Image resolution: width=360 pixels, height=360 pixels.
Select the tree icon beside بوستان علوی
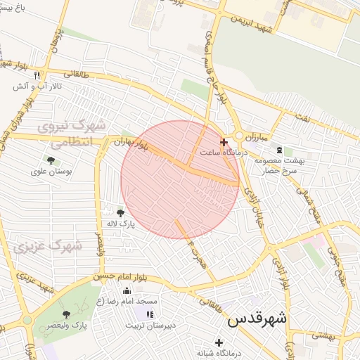coord(51,160)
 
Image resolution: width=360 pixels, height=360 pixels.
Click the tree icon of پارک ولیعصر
coord(66,314)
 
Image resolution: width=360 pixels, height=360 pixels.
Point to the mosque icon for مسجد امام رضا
coord(127,290)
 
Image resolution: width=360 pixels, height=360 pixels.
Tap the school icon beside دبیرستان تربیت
coord(149,314)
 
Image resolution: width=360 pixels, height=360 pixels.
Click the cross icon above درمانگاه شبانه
coord(229,342)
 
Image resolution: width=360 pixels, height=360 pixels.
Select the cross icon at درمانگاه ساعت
coord(224,142)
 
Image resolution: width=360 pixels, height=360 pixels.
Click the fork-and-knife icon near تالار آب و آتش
coord(37,75)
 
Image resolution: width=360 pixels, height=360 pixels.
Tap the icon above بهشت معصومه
coord(280,150)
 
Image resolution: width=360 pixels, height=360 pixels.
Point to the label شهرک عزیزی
coord(46,247)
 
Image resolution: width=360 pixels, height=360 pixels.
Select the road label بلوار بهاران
coord(131,143)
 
